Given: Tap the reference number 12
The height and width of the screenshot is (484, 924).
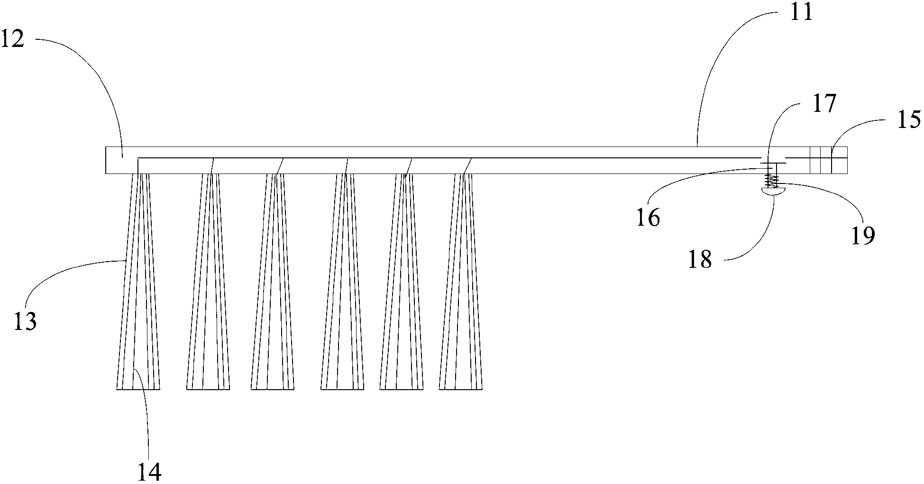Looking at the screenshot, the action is click(x=13, y=39).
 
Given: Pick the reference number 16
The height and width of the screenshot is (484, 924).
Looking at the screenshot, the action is click(x=649, y=218).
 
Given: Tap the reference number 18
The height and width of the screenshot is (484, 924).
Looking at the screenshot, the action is click(x=700, y=259).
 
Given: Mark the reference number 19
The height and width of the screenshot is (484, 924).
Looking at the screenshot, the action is click(x=862, y=235).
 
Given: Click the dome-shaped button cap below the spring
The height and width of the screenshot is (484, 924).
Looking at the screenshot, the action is click(x=773, y=191).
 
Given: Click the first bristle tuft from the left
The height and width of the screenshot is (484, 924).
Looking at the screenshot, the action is click(x=138, y=284).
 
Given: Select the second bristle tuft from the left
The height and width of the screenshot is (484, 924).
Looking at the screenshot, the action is click(x=208, y=284).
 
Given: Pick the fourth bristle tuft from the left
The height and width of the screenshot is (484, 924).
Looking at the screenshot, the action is click(x=342, y=284).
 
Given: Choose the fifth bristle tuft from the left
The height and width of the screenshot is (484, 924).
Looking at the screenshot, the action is click(x=402, y=284).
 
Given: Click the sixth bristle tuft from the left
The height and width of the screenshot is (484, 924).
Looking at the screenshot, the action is click(x=461, y=284).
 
